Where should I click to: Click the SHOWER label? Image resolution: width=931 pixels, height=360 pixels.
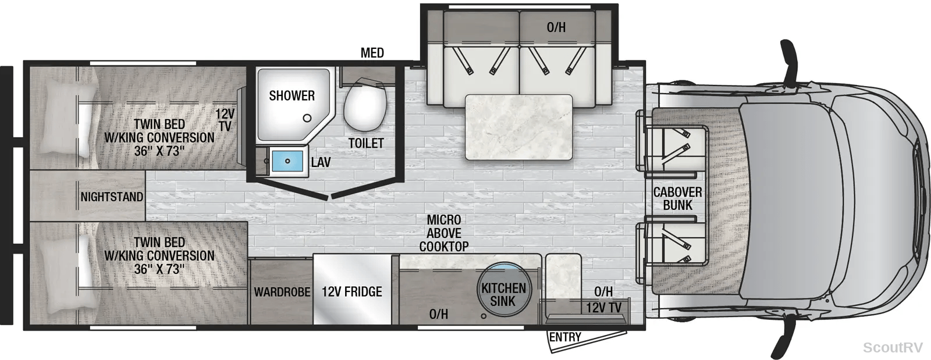292,95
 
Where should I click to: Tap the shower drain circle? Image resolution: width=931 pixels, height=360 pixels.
307,118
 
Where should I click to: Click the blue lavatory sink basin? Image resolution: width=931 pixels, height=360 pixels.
287,161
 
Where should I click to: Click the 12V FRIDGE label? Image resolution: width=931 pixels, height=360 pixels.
351,291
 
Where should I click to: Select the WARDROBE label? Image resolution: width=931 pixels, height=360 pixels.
282,292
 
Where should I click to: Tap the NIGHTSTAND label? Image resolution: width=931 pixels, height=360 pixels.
112,197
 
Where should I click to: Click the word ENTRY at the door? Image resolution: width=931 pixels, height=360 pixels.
565,337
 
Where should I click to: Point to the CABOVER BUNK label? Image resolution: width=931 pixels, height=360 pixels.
677,198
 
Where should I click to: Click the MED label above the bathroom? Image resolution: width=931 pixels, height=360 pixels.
372,53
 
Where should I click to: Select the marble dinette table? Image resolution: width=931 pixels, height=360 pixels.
518,127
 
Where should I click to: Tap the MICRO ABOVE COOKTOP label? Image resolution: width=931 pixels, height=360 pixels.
444,233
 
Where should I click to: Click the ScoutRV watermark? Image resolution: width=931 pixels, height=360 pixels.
893,347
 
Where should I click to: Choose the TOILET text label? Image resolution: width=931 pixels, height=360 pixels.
366,143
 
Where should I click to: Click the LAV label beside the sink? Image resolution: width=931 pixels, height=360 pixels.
321,162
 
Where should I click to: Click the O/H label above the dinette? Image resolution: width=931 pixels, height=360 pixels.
556,27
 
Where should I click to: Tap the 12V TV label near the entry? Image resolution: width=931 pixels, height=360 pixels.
603,308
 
